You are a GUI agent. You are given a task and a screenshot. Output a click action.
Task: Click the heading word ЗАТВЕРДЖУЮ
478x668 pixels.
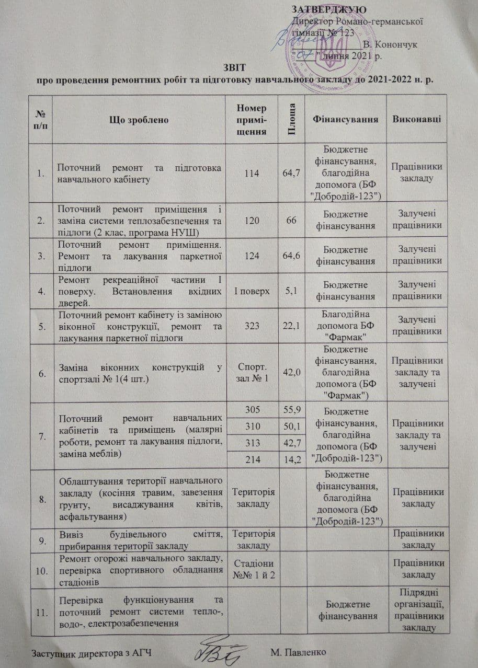328,10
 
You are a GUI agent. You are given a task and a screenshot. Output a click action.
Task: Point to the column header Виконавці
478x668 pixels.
417,119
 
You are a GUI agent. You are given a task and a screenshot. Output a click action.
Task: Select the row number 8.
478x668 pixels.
41,499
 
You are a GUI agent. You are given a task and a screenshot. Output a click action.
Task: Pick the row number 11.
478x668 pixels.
41,611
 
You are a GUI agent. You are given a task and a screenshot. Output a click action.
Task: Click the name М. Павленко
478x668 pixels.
299,652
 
